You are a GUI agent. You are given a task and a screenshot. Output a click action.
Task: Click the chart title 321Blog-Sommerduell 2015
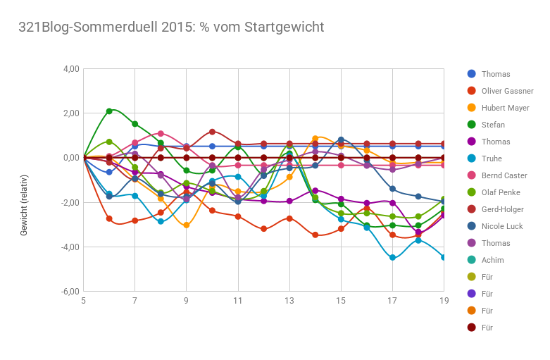click(x=171, y=27)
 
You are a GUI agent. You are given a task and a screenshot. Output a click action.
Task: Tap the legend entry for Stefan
click(x=493, y=125)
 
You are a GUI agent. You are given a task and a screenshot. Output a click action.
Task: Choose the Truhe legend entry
click(x=492, y=159)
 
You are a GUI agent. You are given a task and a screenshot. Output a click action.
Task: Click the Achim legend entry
click(x=492, y=260)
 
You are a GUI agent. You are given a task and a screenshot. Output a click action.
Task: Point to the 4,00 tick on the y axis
click(x=72, y=69)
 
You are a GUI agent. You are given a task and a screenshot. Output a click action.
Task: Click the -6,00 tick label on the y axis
click(x=70, y=291)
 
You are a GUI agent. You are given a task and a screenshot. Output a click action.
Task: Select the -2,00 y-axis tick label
click(x=70, y=202)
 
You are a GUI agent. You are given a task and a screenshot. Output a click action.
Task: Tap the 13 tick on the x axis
click(x=289, y=302)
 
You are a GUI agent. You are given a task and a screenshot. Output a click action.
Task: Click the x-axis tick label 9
click(x=187, y=302)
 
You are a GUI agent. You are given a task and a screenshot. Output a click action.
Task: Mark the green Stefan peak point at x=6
click(x=109, y=111)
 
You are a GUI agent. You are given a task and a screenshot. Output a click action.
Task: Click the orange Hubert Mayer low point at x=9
click(x=187, y=225)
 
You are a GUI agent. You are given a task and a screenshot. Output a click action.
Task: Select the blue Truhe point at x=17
click(x=392, y=258)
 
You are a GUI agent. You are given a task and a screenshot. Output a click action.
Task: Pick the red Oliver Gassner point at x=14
click(x=315, y=235)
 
